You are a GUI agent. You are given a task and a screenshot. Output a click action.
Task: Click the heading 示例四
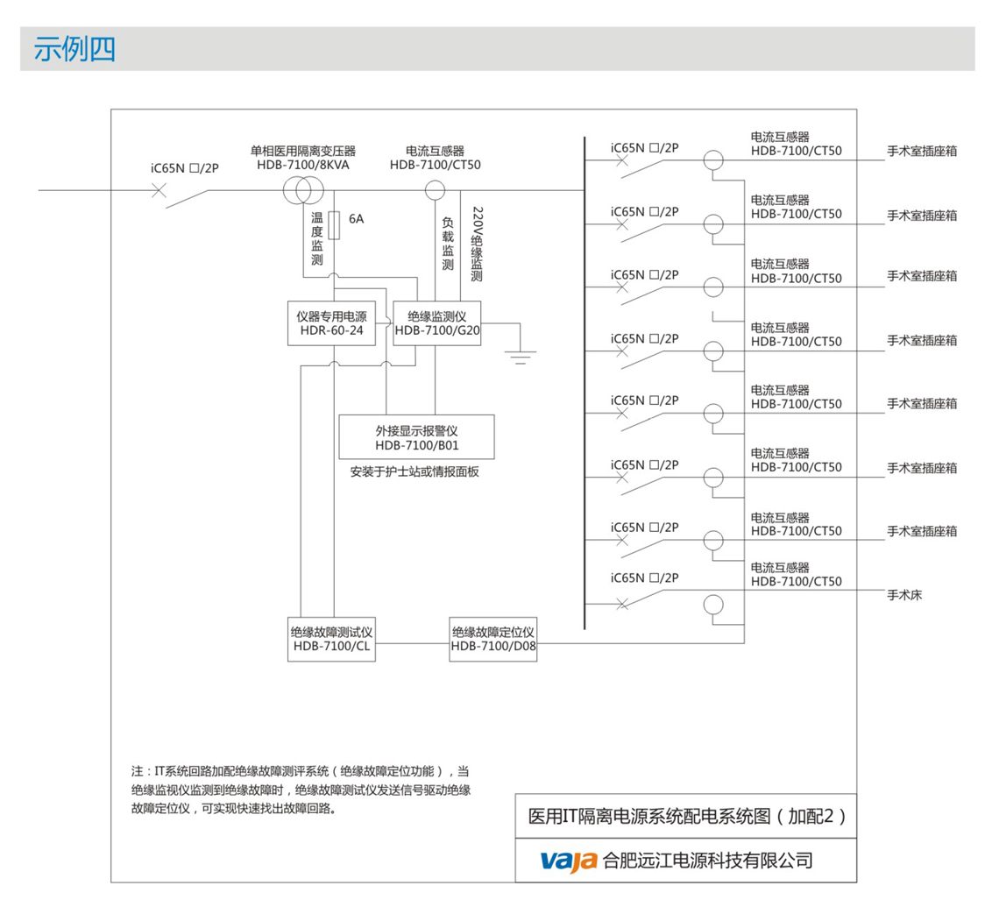click(74, 49)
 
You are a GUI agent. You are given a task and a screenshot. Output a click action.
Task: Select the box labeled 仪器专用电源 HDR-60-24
click(331, 323)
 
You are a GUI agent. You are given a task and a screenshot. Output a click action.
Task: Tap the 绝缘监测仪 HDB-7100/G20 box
click(436, 323)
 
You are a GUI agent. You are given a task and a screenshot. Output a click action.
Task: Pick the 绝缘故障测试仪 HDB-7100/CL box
click(332, 639)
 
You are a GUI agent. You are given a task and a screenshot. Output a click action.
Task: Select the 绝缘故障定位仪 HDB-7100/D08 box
click(493, 639)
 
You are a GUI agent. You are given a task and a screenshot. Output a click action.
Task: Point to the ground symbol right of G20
click(521, 355)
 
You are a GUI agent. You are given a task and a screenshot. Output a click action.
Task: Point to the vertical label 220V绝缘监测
click(477, 244)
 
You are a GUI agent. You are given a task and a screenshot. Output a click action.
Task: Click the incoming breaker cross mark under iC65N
click(159, 190)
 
